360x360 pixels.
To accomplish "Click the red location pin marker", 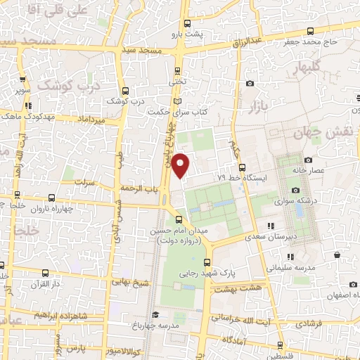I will point(181,165).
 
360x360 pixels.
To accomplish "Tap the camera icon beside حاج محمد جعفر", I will point(309,30).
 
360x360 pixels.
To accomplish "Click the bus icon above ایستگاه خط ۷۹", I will point(242,167).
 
